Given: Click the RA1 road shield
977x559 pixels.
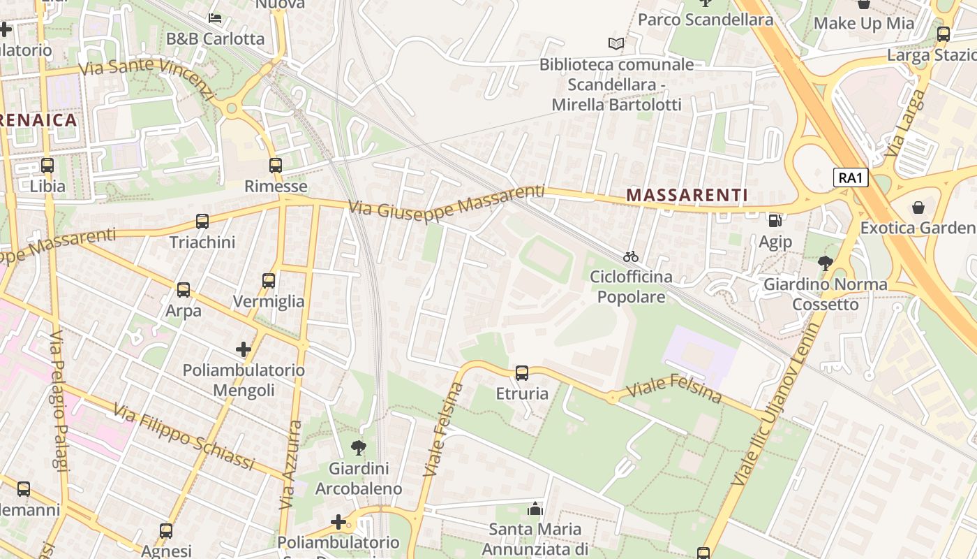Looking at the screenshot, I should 851,177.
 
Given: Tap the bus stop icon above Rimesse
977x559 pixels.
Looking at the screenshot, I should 276,166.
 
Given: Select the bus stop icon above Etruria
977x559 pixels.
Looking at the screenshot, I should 522,373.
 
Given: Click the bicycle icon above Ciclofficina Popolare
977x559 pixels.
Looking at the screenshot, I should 631,256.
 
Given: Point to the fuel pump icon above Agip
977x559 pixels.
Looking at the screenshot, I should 775,221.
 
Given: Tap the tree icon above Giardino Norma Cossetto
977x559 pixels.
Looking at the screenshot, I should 825,263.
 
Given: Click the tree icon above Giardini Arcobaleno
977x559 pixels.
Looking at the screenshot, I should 359,447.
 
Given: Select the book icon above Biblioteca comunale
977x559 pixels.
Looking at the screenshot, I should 616,44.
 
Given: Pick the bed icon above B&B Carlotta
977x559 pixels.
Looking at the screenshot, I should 215,17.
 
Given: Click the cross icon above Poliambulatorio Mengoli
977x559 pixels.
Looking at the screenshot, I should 243,349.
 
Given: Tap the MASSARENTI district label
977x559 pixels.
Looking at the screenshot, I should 687,196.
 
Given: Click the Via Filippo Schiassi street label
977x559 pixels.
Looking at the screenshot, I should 184,438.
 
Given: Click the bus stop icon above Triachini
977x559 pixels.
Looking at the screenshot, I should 202,222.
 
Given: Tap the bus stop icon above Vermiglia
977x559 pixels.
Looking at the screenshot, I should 269,281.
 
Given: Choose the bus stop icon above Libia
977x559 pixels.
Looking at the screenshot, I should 47,166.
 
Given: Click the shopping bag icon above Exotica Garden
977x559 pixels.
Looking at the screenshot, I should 918,208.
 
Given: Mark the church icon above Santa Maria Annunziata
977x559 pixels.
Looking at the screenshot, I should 535,509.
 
